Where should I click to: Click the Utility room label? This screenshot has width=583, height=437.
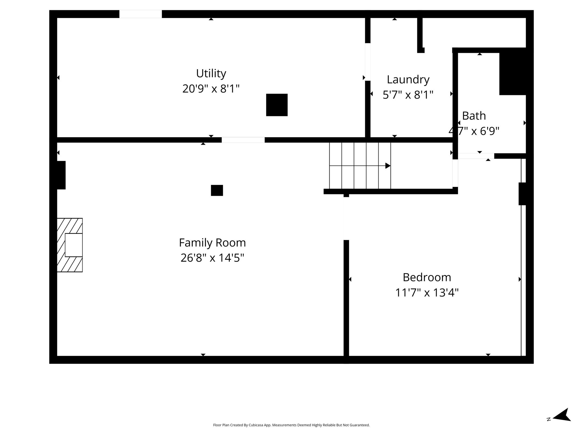click(x=211, y=74)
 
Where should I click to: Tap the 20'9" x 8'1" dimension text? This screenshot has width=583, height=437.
click(x=211, y=89)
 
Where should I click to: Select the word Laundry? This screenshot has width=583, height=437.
click(x=408, y=80)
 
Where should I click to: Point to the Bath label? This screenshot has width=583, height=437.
click(x=474, y=116)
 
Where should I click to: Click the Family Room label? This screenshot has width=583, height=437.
click(x=212, y=243)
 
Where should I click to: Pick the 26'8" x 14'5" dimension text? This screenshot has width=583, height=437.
click(x=212, y=258)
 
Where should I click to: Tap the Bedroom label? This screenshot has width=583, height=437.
click(x=427, y=278)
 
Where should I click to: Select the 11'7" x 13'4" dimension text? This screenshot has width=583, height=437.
click(x=427, y=292)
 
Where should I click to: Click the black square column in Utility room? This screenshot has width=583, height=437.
click(x=277, y=105)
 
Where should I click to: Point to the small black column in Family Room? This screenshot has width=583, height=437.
click(x=217, y=190)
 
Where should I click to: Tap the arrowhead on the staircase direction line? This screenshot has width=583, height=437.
click(x=388, y=166)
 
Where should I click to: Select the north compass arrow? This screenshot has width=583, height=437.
click(x=562, y=423)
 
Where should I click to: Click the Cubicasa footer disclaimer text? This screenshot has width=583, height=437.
click(x=291, y=425)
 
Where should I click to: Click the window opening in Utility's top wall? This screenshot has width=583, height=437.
click(x=141, y=14)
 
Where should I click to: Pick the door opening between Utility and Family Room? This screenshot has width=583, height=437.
click(x=243, y=140)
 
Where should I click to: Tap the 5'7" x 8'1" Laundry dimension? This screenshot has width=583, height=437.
click(x=408, y=95)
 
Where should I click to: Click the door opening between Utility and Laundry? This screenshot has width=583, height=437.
click(x=368, y=62)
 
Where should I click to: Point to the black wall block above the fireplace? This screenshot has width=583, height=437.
click(x=61, y=175)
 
